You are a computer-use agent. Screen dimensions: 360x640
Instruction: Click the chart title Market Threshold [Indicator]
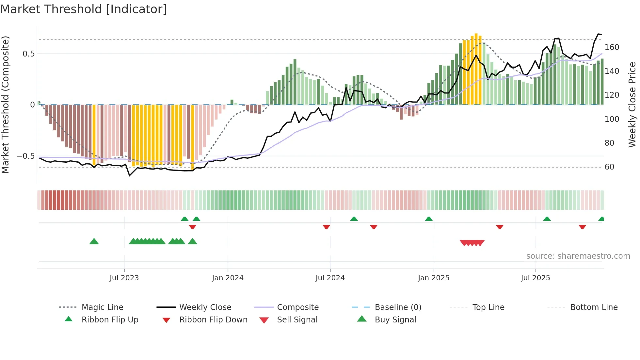(84, 9)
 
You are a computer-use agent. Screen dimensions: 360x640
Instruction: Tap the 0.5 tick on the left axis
(28, 54)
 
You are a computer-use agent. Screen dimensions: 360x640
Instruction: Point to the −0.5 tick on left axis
(26, 156)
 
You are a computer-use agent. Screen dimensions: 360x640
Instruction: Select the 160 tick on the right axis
(612, 47)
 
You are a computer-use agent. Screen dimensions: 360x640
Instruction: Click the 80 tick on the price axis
(609, 143)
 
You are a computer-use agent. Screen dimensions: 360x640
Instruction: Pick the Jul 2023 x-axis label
(124, 278)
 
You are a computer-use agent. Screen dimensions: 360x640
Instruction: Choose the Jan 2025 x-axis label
(433, 278)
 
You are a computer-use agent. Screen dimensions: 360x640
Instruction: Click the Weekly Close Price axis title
(632, 105)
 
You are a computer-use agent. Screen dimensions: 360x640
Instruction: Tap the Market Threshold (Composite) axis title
(5, 105)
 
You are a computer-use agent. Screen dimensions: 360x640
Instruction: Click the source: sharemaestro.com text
(578, 256)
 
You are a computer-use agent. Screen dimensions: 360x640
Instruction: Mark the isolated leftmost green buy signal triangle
(94, 241)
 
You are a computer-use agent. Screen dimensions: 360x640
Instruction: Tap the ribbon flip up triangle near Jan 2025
(429, 219)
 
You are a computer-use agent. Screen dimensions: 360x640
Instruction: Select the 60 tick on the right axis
(609, 167)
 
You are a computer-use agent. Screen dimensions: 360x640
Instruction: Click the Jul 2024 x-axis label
(330, 278)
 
